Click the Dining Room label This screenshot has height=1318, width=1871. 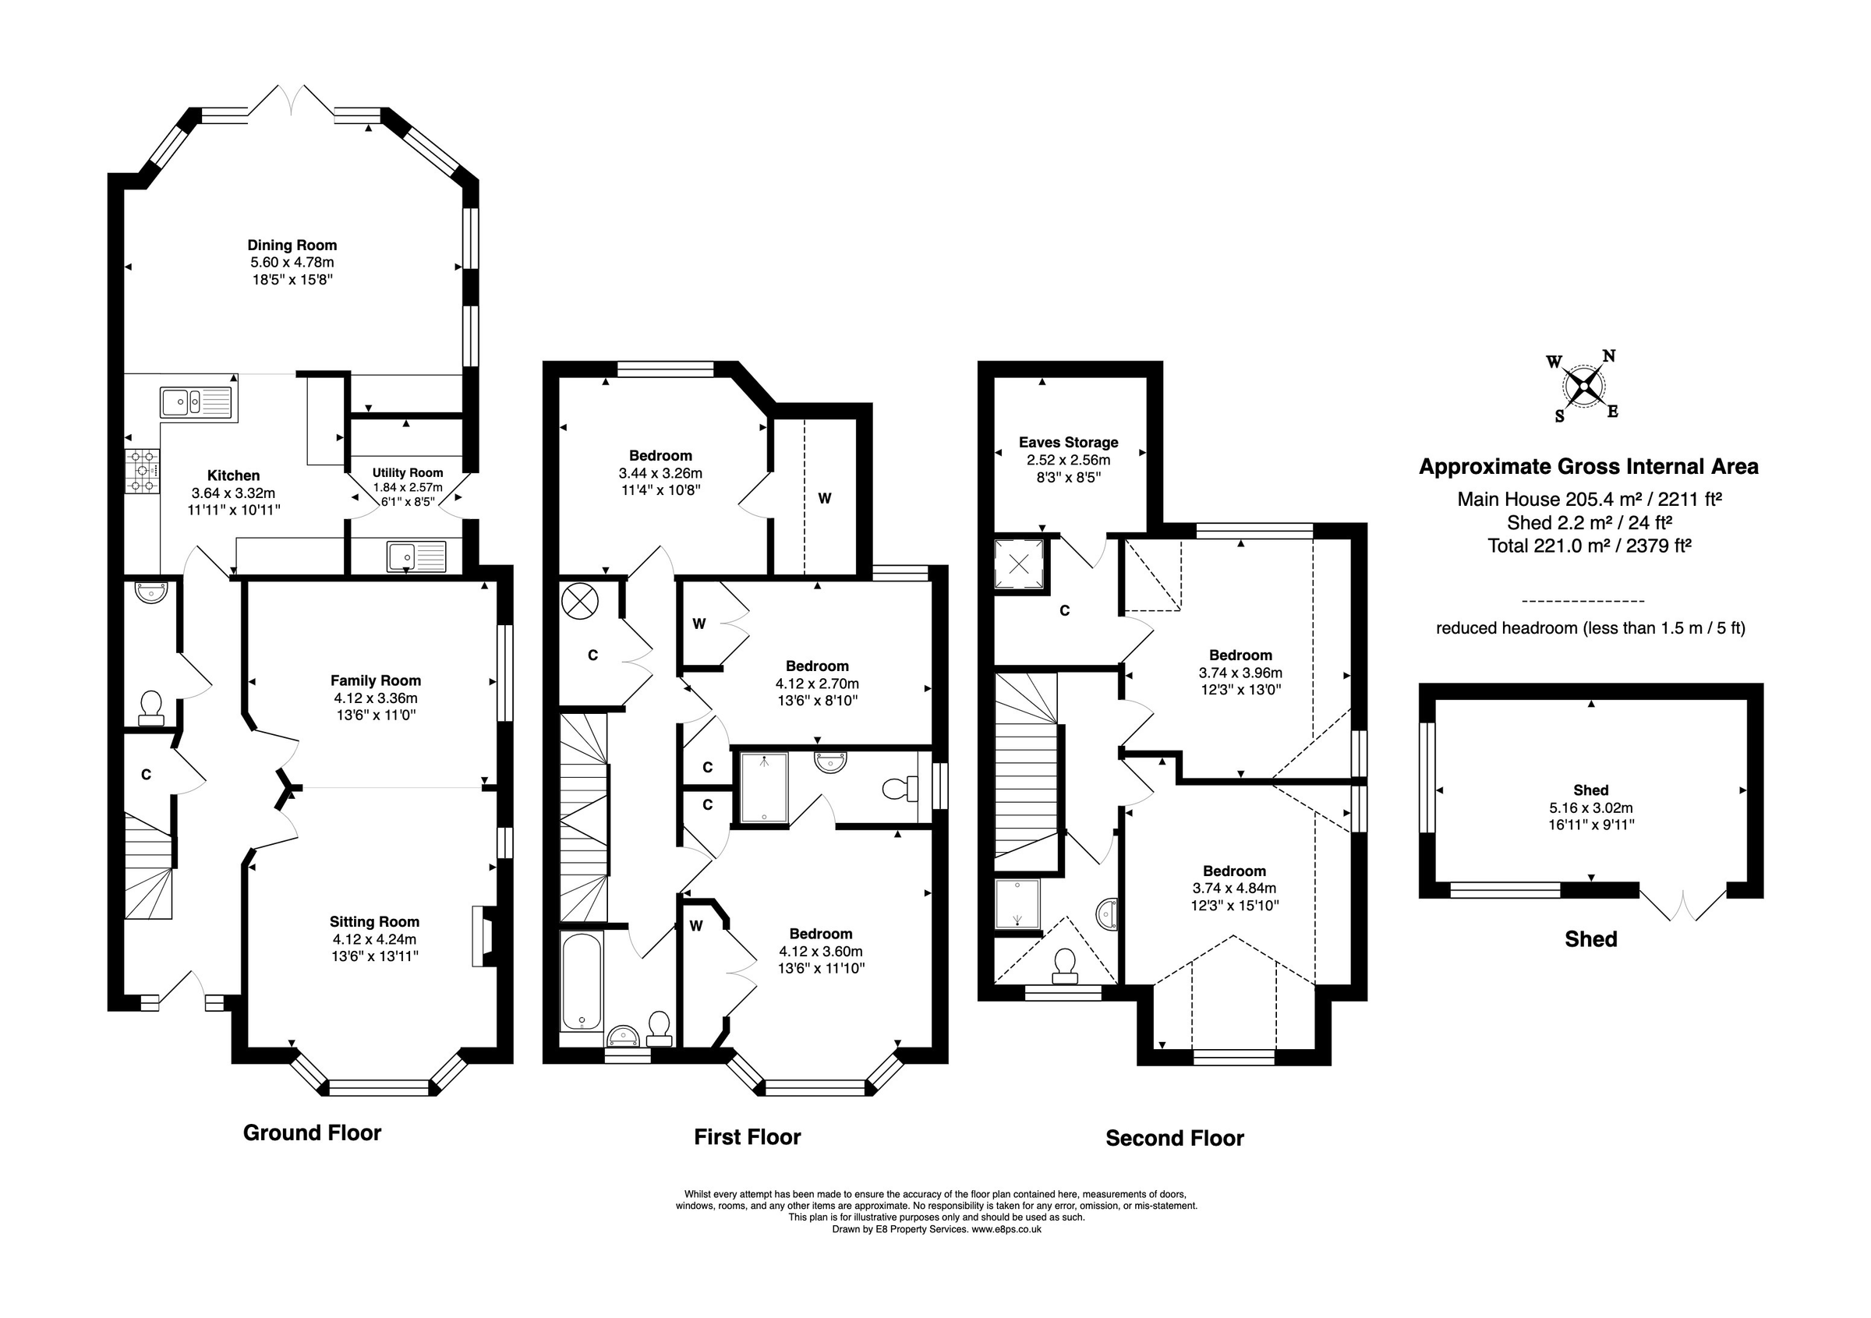coord(292,246)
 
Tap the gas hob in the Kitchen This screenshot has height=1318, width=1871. coord(143,472)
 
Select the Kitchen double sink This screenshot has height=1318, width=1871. coord(196,402)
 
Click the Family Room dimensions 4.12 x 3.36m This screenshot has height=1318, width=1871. coord(375,698)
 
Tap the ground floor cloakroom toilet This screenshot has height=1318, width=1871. coord(150,706)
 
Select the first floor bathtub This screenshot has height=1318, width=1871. coord(581,982)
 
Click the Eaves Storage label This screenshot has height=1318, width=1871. coord(1068,442)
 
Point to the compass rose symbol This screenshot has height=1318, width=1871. coord(1584,387)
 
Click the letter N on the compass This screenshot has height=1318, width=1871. coord(1608,356)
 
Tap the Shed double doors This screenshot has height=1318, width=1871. coord(1683,903)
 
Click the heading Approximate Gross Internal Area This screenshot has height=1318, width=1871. coord(1588,467)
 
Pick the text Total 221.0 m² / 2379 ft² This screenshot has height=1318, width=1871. coord(1589,546)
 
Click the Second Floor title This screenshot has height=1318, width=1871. coord(1174,1138)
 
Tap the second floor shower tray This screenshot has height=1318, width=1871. coord(1017,903)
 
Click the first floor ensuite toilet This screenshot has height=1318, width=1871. coord(900,789)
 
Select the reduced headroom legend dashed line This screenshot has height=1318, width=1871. coord(1583,601)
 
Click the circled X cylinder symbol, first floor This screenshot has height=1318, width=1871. coord(579,602)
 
